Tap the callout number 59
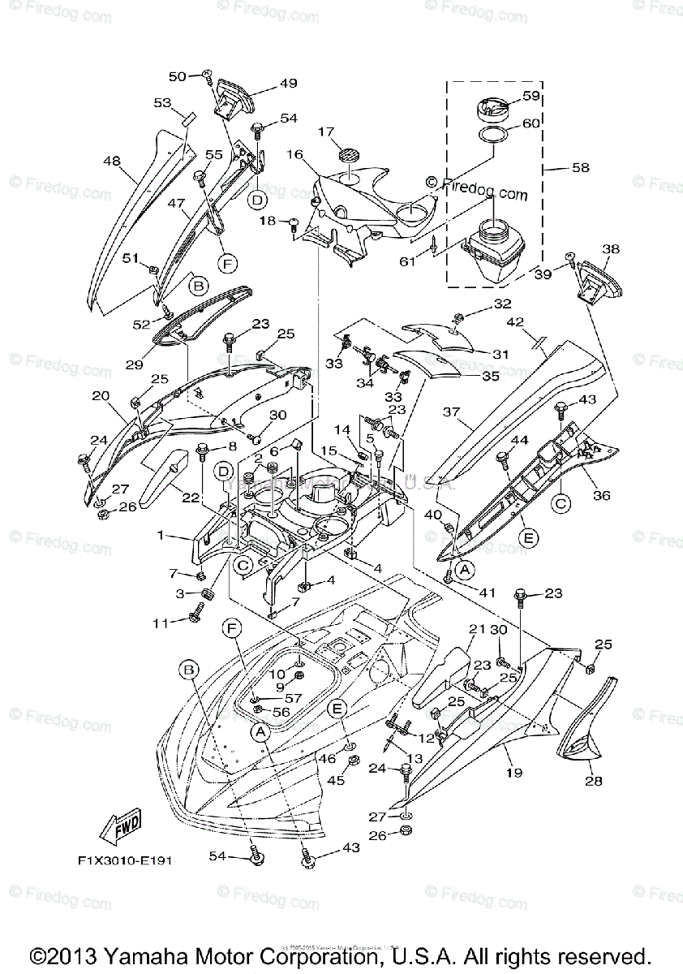531,96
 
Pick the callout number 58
580,168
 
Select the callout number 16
294,154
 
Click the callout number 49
266,83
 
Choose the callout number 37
451,412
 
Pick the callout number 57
291,697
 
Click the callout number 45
336,780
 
